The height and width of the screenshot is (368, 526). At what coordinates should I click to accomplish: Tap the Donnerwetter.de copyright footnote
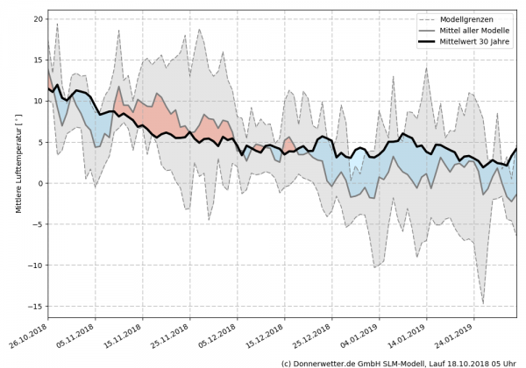click(x=400, y=362)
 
